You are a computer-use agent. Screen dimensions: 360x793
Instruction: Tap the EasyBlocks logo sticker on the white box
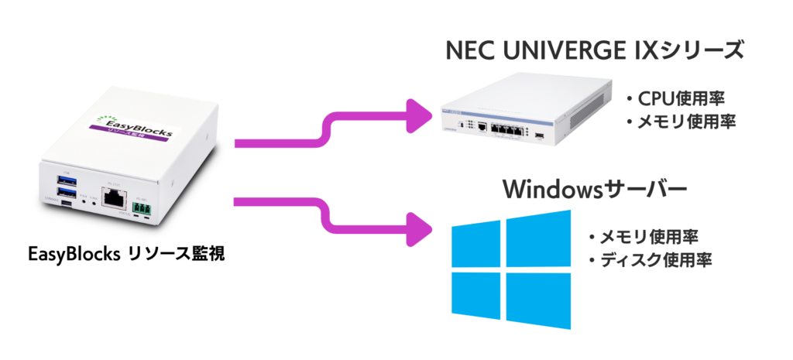pos(131,124)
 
